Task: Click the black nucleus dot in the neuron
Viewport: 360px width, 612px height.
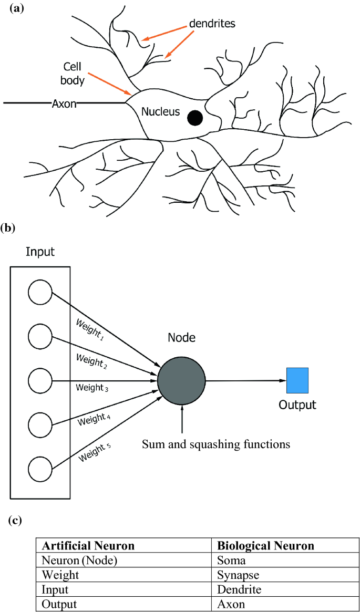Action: click(x=196, y=117)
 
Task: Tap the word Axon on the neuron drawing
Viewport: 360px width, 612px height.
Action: click(x=64, y=103)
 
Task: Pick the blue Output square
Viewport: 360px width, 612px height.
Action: click(x=297, y=381)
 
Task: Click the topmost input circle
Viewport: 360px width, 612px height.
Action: click(x=40, y=292)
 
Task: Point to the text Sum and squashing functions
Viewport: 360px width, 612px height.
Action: click(x=216, y=445)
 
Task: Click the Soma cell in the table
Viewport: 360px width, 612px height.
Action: click(x=229, y=561)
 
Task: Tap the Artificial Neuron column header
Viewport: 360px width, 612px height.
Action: click(x=88, y=546)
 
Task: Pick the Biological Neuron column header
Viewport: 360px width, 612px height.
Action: click(x=265, y=546)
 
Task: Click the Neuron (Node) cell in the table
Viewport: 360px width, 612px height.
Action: click(x=79, y=561)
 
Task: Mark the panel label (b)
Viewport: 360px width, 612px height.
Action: click(x=11, y=227)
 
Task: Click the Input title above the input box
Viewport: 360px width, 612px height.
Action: click(x=40, y=253)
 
